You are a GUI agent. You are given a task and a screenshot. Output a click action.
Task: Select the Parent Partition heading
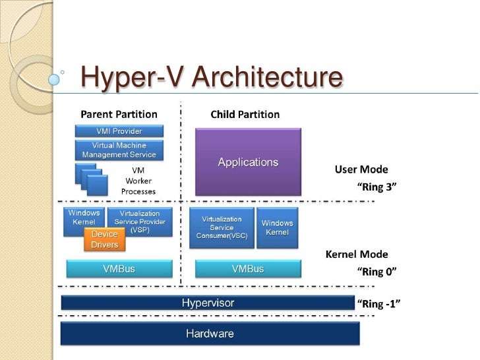point(119,114)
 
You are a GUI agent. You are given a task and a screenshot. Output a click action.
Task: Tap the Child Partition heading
point(245,114)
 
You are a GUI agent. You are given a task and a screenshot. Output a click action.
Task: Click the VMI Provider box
point(119,131)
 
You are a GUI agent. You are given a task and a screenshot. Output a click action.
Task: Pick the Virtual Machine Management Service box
point(119,150)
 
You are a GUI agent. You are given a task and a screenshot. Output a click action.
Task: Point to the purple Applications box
point(248,162)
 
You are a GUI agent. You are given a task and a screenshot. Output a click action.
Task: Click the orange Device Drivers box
point(105,239)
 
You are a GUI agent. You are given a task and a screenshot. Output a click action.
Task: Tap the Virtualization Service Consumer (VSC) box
point(222,227)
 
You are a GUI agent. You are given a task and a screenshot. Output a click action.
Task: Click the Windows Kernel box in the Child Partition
point(277,227)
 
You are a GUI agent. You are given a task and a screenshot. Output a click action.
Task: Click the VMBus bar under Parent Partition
point(119,268)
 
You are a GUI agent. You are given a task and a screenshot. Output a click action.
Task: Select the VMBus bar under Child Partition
point(248,268)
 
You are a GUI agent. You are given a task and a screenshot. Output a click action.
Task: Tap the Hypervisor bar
point(208,303)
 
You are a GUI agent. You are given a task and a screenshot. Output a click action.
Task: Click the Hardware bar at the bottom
point(210,334)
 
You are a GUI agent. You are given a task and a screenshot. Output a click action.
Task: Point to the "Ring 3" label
point(376,187)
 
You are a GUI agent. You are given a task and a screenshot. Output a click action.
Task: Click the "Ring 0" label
point(376,270)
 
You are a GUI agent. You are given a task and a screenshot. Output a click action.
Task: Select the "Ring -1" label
point(378,303)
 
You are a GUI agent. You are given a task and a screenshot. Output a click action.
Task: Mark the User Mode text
point(361,169)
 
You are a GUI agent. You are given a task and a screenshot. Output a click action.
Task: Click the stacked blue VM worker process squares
point(91,179)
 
